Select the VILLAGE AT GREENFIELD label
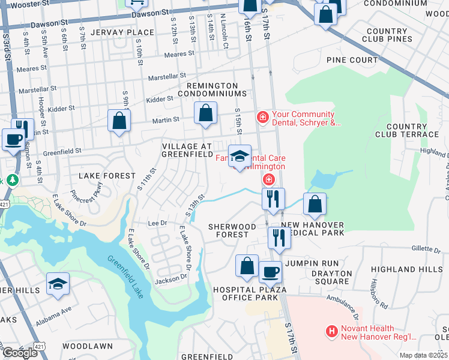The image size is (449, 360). click(x=187, y=150)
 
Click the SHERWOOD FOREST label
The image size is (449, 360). click(x=232, y=231)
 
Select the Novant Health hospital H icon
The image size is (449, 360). click(x=330, y=331)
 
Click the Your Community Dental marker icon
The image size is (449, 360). click(x=262, y=117)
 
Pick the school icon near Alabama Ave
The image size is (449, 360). click(x=58, y=284)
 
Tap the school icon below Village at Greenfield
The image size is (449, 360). click(x=240, y=156)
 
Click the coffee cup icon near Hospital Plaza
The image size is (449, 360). click(x=270, y=272)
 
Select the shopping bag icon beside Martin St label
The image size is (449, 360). click(x=205, y=113)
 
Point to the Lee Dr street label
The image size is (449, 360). click(x=157, y=223)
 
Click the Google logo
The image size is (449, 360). click(x=20, y=352)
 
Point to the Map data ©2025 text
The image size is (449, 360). click(x=423, y=355)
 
